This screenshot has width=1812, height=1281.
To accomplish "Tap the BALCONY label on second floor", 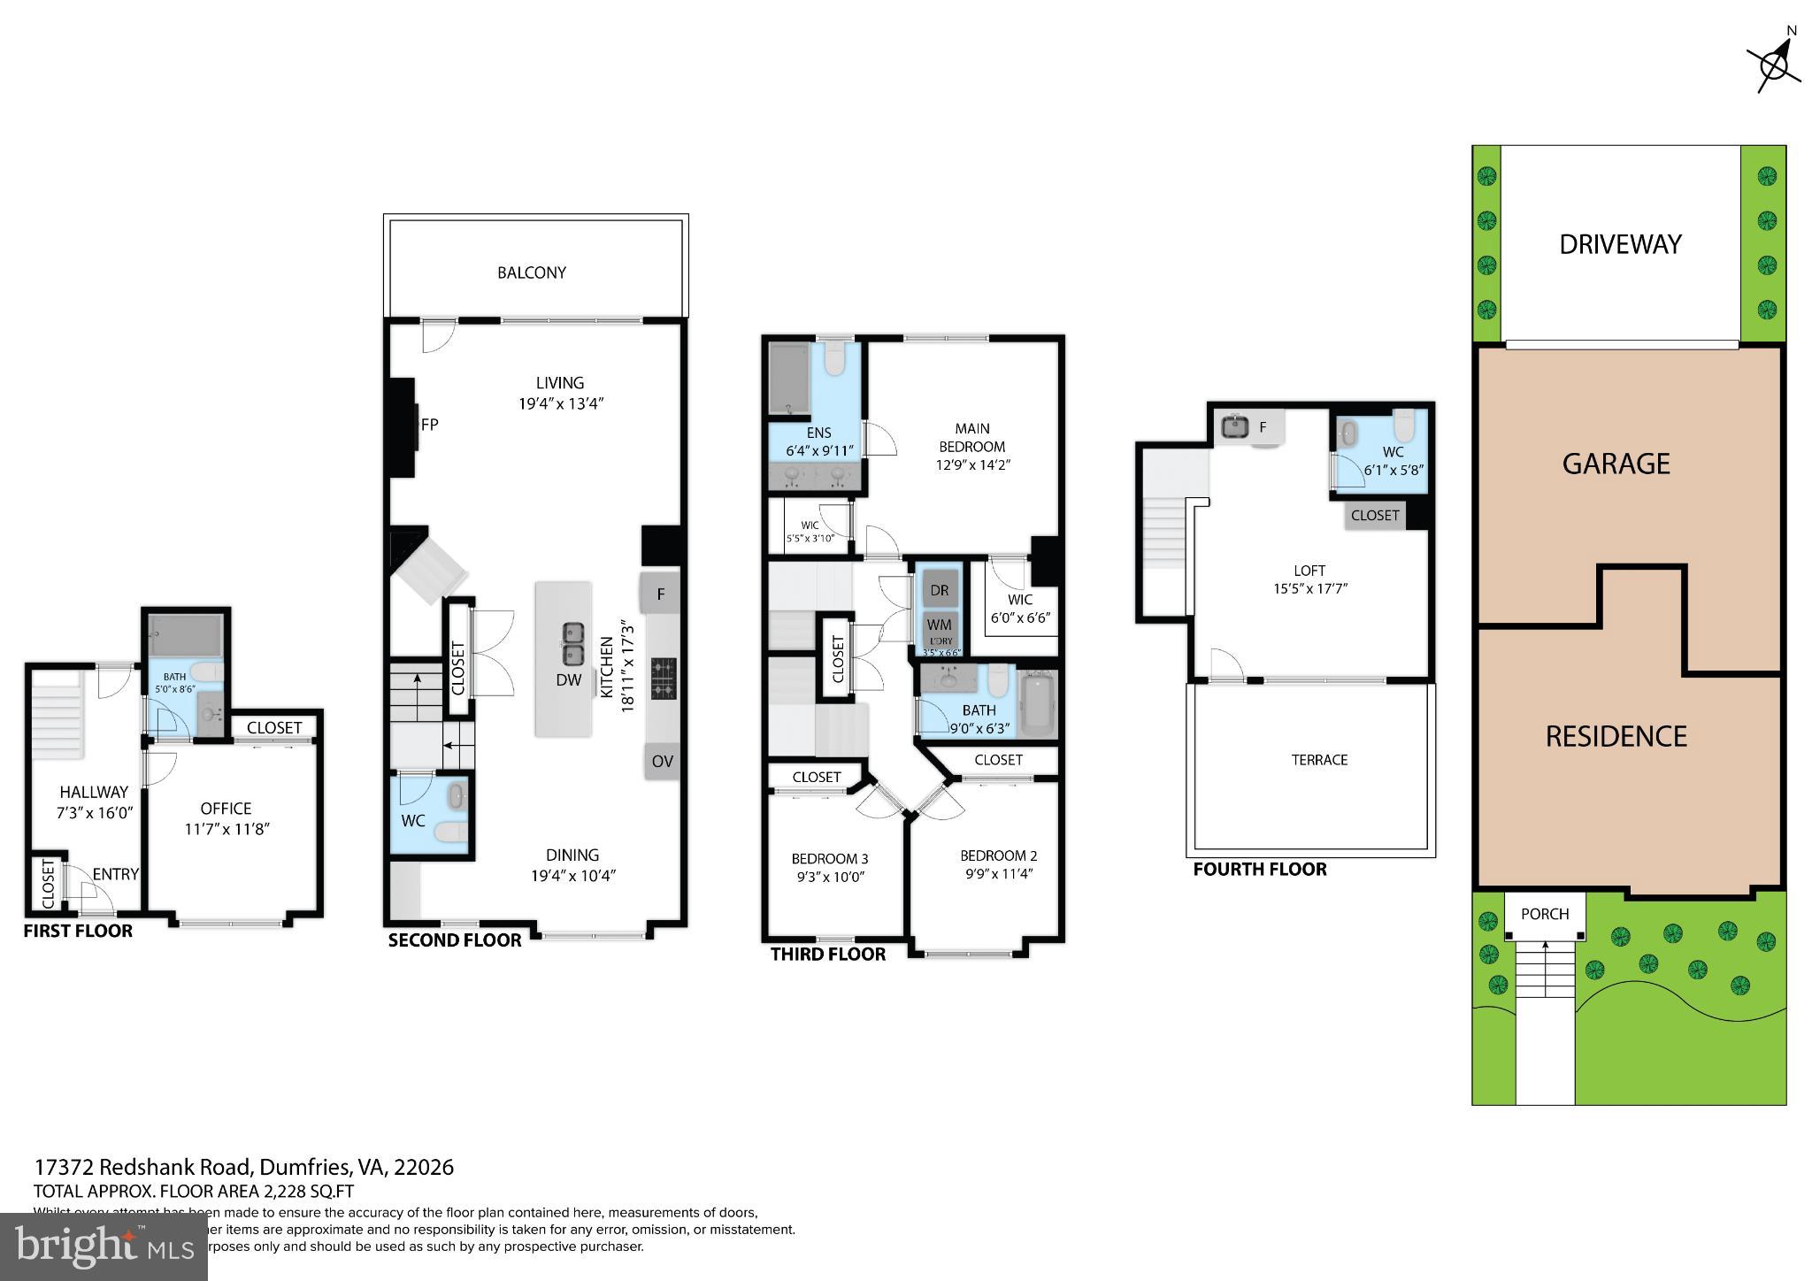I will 531,272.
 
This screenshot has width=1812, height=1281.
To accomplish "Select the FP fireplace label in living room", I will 430,425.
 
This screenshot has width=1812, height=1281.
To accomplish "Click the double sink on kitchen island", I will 573,644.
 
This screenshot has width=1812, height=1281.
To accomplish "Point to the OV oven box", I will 662,761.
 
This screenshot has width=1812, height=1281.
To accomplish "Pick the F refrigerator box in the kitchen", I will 661,594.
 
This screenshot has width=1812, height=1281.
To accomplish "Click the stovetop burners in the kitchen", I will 663,679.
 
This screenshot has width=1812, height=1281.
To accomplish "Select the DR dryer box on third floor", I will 939,590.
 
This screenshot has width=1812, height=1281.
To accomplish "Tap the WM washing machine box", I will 939,625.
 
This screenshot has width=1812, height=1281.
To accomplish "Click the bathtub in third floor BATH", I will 1038,705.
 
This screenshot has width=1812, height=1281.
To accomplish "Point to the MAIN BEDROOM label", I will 971,437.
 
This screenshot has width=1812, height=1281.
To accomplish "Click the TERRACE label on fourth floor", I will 1319,760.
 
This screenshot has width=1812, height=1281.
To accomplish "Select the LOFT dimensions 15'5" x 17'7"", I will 1309,588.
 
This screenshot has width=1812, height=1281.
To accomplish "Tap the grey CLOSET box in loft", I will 1375,516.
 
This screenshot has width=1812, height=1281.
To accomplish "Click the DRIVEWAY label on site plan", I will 1620,244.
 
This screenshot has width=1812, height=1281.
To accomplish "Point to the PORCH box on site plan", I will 1545,915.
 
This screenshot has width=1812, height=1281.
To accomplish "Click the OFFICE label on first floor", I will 226,809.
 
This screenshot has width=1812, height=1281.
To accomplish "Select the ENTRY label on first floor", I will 115,874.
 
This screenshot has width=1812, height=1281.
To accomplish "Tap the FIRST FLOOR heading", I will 78,931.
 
